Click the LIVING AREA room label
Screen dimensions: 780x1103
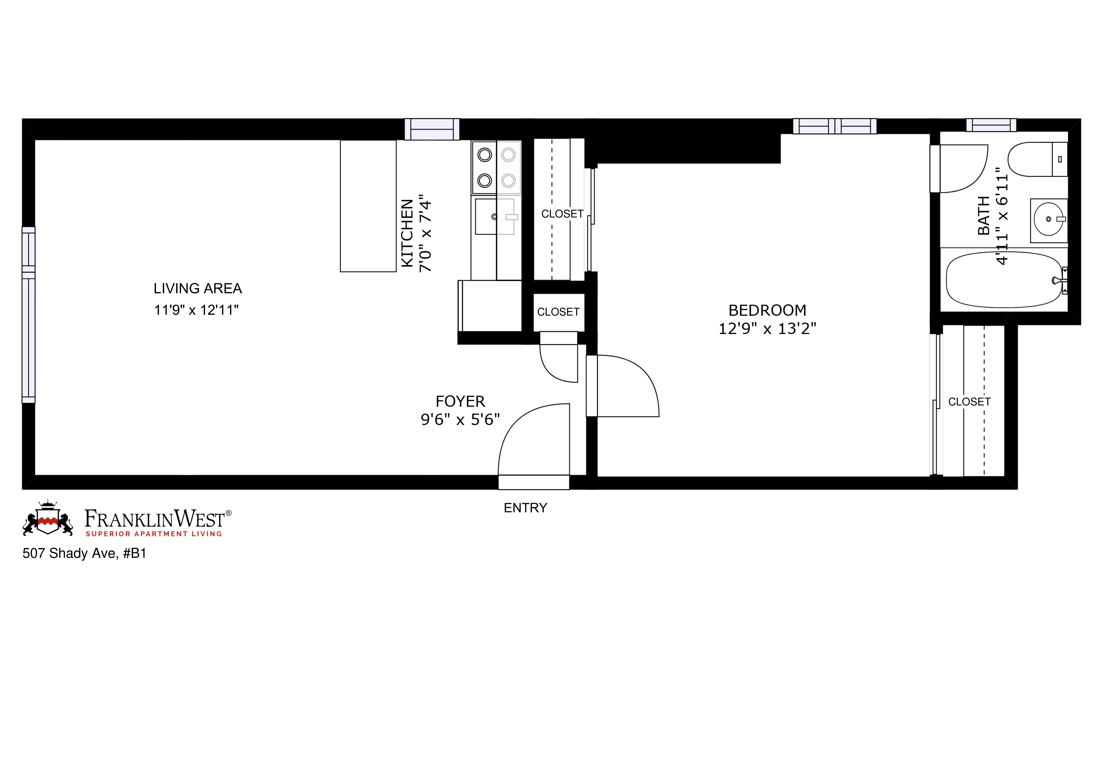pos(197,289)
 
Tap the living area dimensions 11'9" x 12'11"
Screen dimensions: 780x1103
pos(196,310)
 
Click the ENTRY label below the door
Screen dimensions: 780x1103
pos(525,508)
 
